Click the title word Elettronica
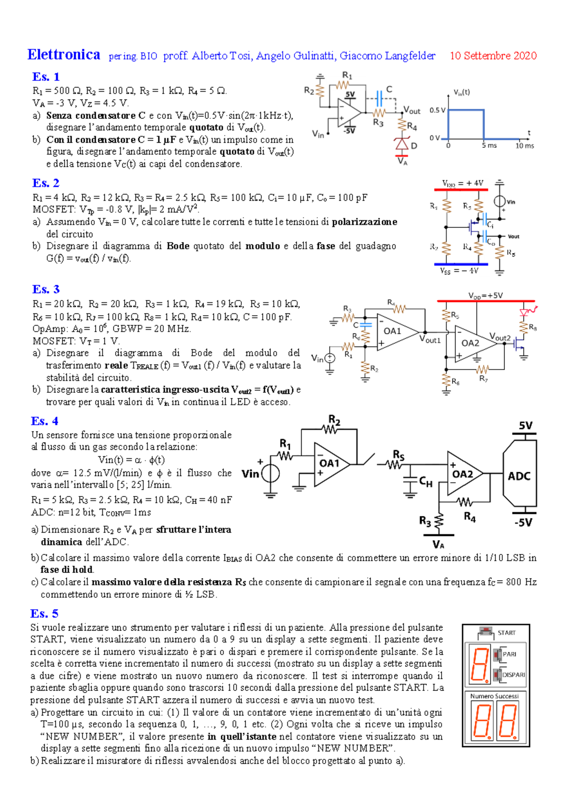(x=64, y=55)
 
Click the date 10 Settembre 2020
(x=493, y=56)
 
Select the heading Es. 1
(x=46, y=77)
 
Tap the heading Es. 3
(x=46, y=289)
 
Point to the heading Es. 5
(x=44, y=613)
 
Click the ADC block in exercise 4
(x=519, y=476)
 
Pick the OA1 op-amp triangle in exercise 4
(x=330, y=465)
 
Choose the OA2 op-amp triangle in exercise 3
(x=472, y=343)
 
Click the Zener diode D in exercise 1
(x=403, y=144)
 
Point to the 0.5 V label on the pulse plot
(x=437, y=110)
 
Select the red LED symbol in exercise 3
(x=524, y=312)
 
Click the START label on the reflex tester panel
(x=506, y=633)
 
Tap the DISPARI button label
(x=513, y=675)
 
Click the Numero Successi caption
(x=494, y=696)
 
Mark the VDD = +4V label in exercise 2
(x=463, y=183)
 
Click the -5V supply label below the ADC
(x=523, y=523)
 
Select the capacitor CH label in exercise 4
(x=425, y=482)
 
